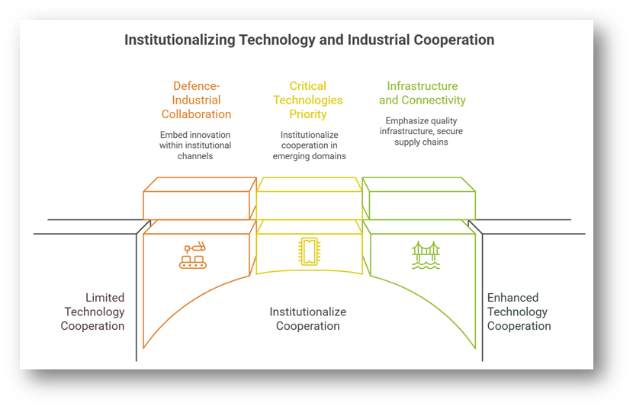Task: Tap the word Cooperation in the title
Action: click(453, 40)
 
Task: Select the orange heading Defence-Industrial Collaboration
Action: click(196, 100)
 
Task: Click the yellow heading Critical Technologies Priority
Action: click(308, 100)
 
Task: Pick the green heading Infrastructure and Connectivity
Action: click(422, 93)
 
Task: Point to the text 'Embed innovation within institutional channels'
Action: click(195, 145)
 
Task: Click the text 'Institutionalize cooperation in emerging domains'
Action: click(308, 145)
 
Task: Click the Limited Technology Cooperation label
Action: click(94, 312)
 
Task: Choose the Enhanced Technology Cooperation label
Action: click(519, 312)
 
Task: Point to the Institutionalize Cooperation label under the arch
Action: click(308, 318)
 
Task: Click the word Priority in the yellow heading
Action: click(308, 114)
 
